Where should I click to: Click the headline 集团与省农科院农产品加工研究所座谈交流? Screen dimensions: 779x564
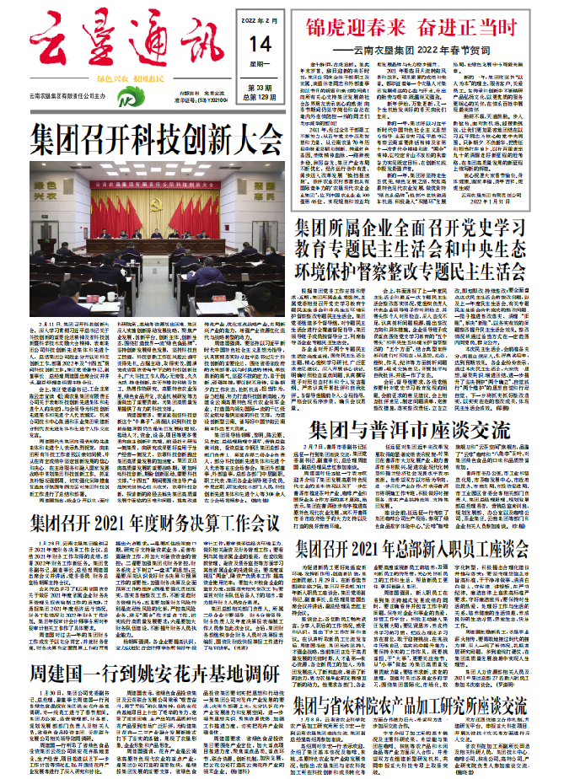[x=414, y=704]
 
